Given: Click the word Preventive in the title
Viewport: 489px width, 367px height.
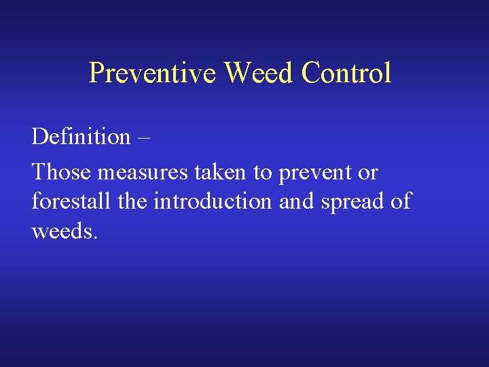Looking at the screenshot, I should pyautogui.click(x=153, y=73).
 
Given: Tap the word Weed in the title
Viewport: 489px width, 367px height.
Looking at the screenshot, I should pyautogui.click(x=259, y=73).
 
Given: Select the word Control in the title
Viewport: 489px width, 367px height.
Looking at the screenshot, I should pyautogui.click(x=347, y=73).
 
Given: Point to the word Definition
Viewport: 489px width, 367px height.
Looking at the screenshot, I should pyautogui.click(x=81, y=137).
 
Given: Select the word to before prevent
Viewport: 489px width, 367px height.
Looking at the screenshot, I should pyautogui.click(x=263, y=173).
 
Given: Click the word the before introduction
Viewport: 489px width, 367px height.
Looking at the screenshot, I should pyautogui.click(x=134, y=202).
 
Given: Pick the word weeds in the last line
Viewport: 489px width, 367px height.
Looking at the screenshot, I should pyautogui.click(x=62, y=231).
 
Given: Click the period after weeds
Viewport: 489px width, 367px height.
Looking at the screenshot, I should pyautogui.click(x=96, y=238).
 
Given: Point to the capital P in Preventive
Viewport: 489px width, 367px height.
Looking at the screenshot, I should pyautogui.click(x=96, y=73).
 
